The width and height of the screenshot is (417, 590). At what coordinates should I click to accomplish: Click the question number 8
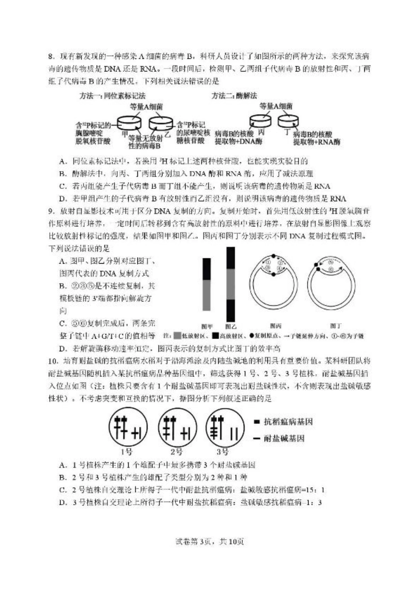pyautogui.click(x=51, y=57)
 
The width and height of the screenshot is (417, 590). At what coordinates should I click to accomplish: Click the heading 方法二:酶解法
pyautogui.click(x=234, y=96)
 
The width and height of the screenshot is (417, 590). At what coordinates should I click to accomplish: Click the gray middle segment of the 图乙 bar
pyautogui.click(x=231, y=284)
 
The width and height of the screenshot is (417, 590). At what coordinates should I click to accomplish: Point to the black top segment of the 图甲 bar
pyautogui.click(x=207, y=268)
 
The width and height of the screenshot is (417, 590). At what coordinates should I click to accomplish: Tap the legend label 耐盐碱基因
pyautogui.click(x=284, y=438)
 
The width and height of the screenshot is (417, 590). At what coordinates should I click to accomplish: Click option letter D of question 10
pyautogui.click(x=62, y=502)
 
